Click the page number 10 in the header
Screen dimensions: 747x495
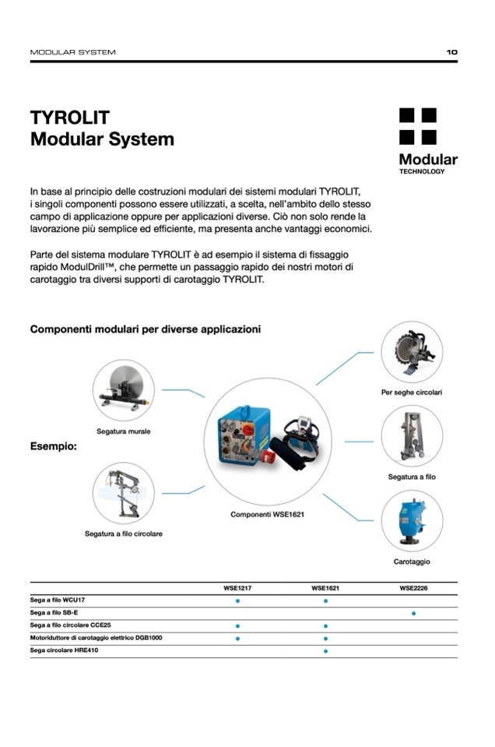coord(451,52)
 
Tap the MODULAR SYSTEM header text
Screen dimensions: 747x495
coord(72,52)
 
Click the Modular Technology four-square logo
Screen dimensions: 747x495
coord(418,126)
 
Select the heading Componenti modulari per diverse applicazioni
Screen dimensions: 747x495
coord(145,329)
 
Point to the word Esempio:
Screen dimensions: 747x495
coord(53,447)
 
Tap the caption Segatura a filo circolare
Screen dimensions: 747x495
coord(124,534)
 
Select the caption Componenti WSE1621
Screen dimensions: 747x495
coord(267,515)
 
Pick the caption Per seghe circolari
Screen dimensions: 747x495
coord(412,393)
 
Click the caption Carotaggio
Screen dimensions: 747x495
coord(412,562)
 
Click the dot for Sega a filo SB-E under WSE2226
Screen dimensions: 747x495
coord(413,614)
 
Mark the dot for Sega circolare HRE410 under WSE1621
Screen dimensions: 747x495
coord(325,650)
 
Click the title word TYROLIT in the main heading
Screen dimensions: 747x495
coord(70,118)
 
